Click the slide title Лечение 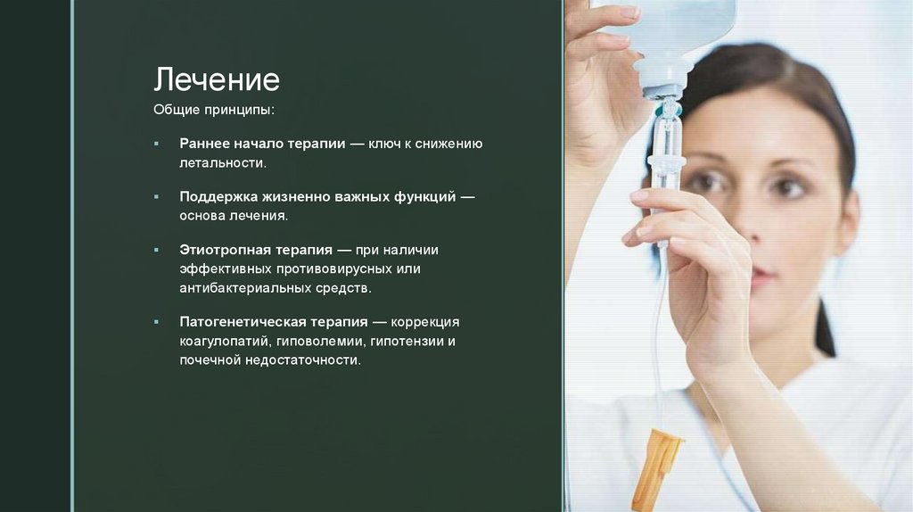point(217,80)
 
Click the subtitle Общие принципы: point(214,110)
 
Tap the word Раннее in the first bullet point(204,144)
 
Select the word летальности point(222,163)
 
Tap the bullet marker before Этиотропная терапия point(156,250)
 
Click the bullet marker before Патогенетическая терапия point(156,321)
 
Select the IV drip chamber point(665,134)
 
